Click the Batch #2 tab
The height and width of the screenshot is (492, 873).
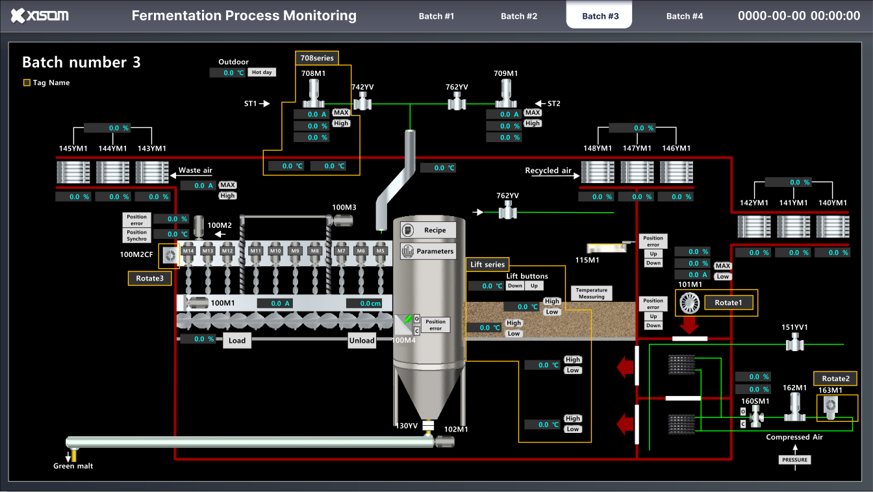pos(518,16)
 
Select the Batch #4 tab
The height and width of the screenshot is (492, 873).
pos(684,16)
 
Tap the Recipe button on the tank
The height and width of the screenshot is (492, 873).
pos(429,230)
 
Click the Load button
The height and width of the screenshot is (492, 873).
pos(237,340)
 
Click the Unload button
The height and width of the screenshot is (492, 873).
pos(362,340)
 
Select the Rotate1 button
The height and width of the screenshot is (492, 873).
pos(727,302)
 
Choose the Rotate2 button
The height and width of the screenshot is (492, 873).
pos(835,378)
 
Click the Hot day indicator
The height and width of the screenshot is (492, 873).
pos(262,73)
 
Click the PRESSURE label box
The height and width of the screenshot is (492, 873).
pos(794,460)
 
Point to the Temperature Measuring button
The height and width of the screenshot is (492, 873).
pos(591,293)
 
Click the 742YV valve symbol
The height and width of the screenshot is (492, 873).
pos(362,101)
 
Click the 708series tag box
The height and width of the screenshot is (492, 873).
pos(317,58)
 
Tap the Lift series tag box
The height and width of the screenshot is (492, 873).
pos(487,264)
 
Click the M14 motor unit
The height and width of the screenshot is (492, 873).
pos(188,256)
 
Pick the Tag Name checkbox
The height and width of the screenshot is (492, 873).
pos(27,82)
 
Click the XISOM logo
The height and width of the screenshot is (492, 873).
pos(40,16)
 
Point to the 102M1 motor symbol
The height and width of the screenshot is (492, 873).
pos(444,441)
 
